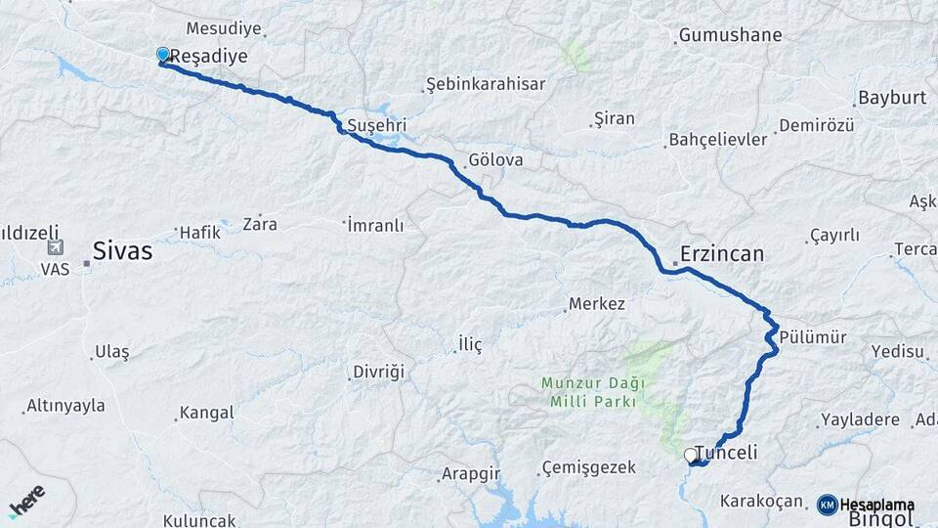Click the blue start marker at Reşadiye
pyautogui.click(x=162, y=55)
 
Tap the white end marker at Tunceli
pyautogui.click(x=690, y=455)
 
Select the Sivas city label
pyautogui.click(x=122, y=251)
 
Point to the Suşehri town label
pyautogui.click(x=376, y=126)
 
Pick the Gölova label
pyautogui.click(x=495, y=159)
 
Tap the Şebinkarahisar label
pyautogui.click(x=487, y=84)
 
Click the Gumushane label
pyautogui.click(x=730, y=35)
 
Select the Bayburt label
pyautogui.click(x=891, y=98)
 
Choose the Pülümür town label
pyautogui.click(x=813, y=337)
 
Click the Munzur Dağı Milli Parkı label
pyautogui.click(x=588, y=392)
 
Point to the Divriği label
pyautogui.click(x=379, y=373)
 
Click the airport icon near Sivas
pyautogui.click(x=55, y=248)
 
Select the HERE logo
pyautogui.click(x=27, y=501)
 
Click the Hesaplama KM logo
pyautogui.click(x=866, y=505)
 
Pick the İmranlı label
pyautogui.click(x=376, y=225)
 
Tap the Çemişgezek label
pyautogui.click(x=589, y=467)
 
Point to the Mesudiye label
pyautogui.click(x=218, y=28)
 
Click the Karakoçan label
pyautogui.click(x=761, y=502)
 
